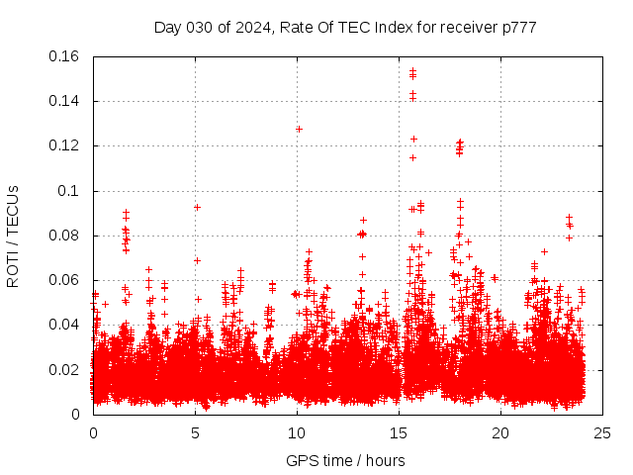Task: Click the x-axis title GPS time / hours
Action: point(345,460)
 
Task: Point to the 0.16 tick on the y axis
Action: point(65,56)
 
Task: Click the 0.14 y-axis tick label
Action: point(65,101)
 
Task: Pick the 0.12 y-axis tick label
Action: point(65,145)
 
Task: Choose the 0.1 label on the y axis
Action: point(70,191)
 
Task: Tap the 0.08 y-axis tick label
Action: point(65,236)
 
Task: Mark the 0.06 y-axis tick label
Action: point(65,280)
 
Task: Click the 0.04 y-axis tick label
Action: point(65,325)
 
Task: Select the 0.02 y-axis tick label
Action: point(65,370)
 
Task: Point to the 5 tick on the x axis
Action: point(195,432)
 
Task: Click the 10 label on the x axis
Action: point(297,432)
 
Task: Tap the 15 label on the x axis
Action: point(399,432)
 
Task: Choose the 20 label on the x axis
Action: point(500,432)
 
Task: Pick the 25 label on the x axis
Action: point(602,432)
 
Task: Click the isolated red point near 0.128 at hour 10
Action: point(299,129)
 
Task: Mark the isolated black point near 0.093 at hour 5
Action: point(197,207)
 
